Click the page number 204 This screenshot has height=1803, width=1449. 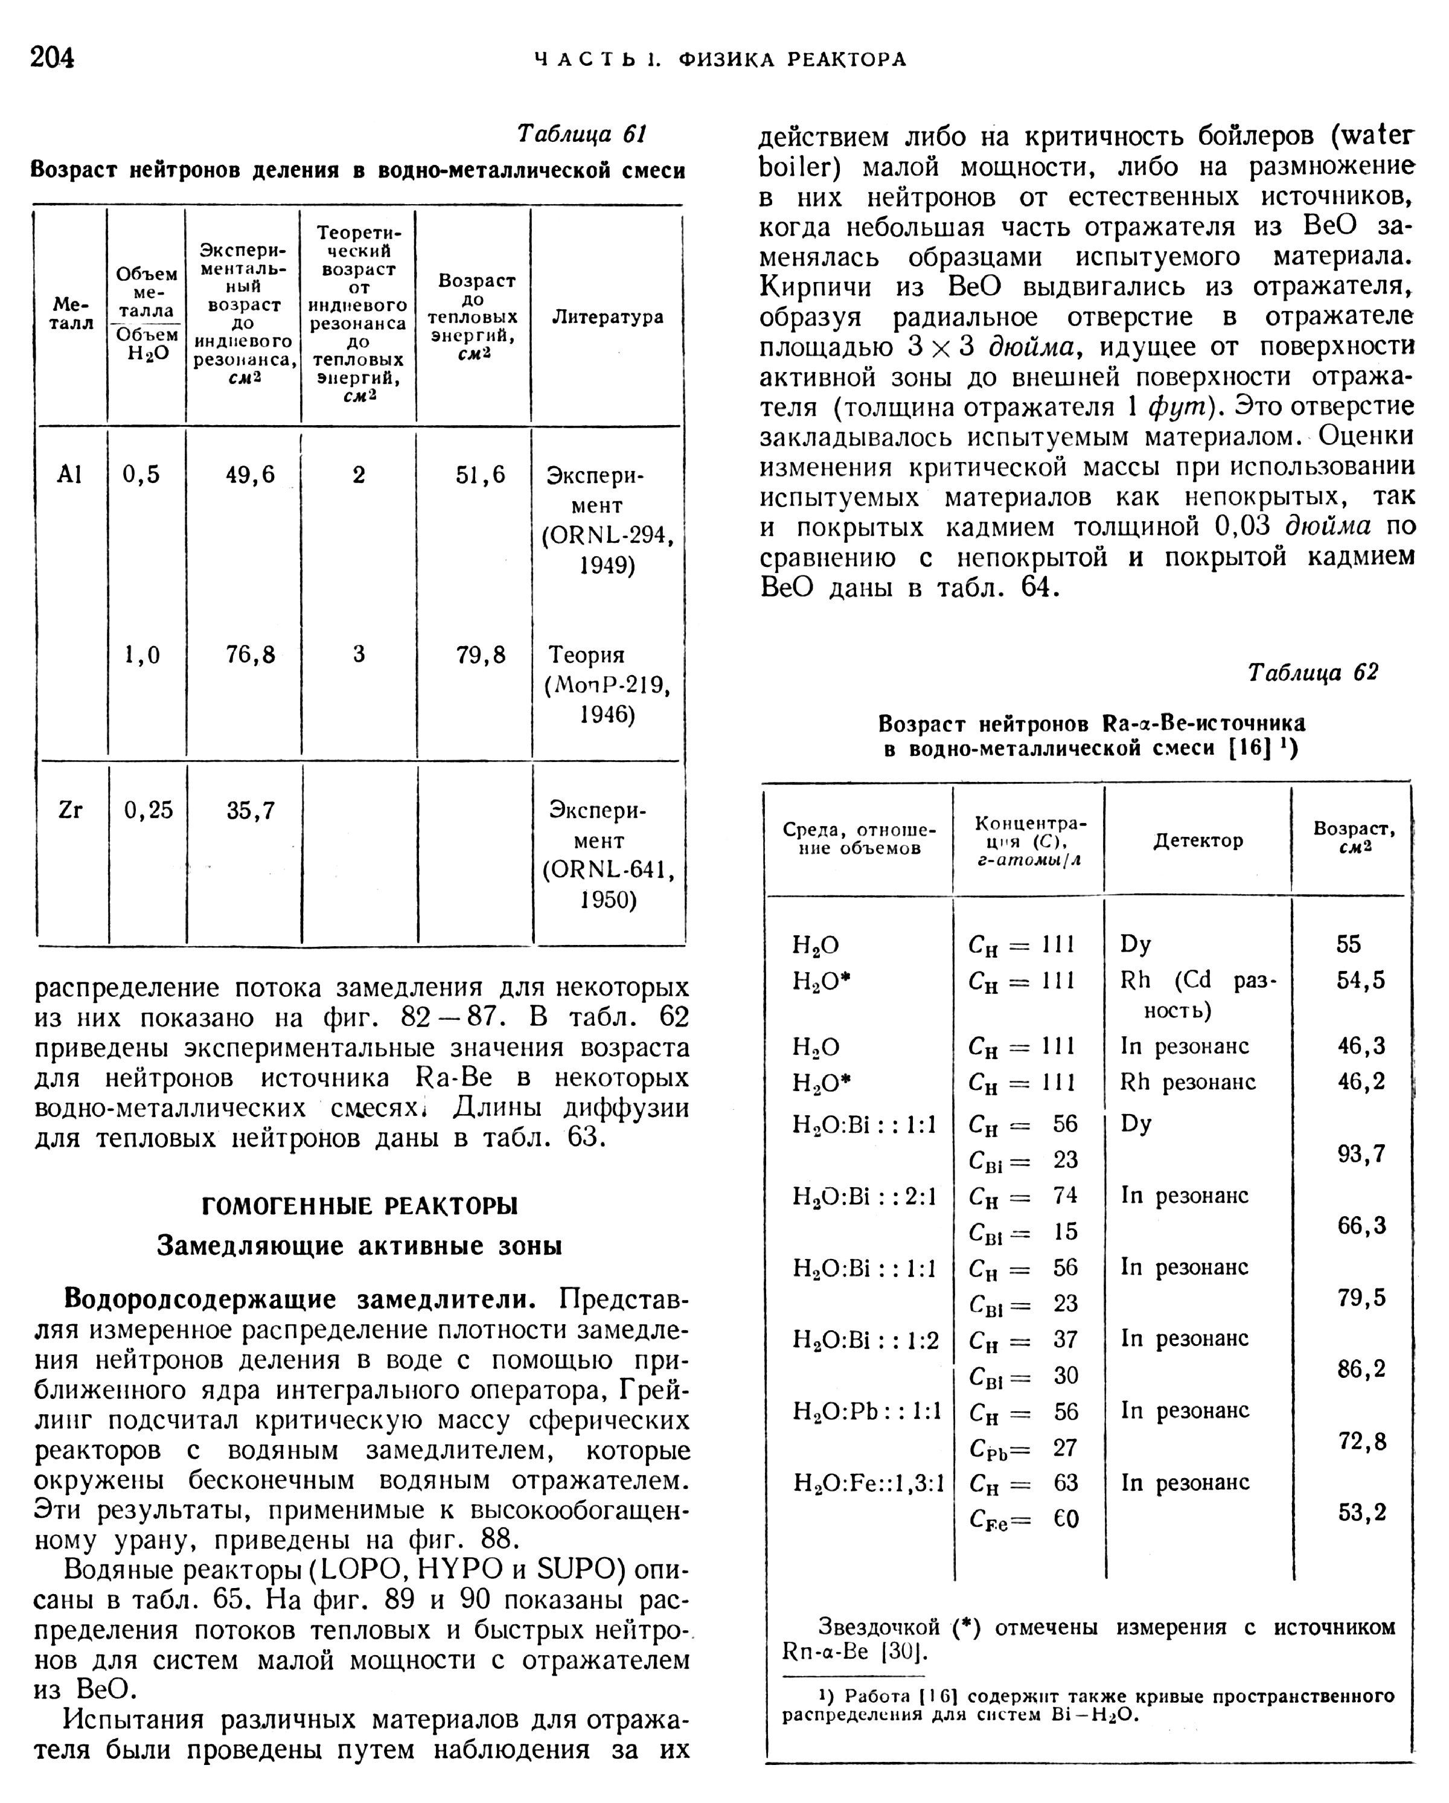[x=52, y=58]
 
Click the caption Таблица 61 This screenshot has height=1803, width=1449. [x=583, y=135]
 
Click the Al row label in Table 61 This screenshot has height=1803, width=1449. [x=70, y=475]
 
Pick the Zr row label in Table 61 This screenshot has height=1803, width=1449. [x=71, y=810]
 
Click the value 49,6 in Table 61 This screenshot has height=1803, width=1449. [x=250, y=475]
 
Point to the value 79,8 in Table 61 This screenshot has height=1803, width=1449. [x=481, y=654]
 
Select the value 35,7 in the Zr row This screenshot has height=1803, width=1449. [x=251, y=810]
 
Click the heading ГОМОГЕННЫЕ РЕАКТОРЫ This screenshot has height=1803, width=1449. [x=360, y=1205]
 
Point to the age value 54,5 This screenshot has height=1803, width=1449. [x=1360, y=980]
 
